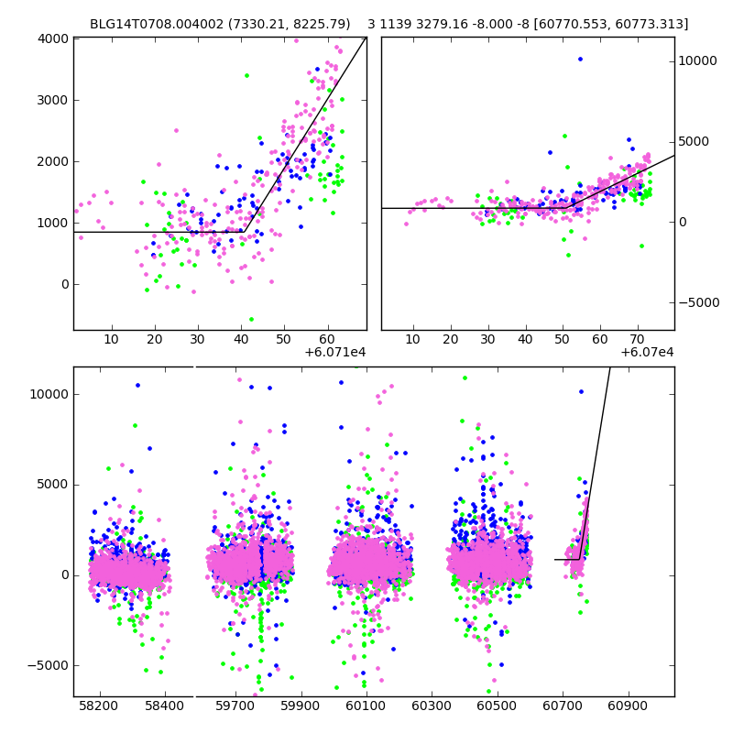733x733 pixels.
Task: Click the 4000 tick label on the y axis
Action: click(x=52, y=38)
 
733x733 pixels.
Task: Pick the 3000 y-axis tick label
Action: click(x=52, y=100)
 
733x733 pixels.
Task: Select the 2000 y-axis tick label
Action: click(x=52, y=161)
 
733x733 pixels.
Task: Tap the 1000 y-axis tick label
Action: click(x=52, y=223)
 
